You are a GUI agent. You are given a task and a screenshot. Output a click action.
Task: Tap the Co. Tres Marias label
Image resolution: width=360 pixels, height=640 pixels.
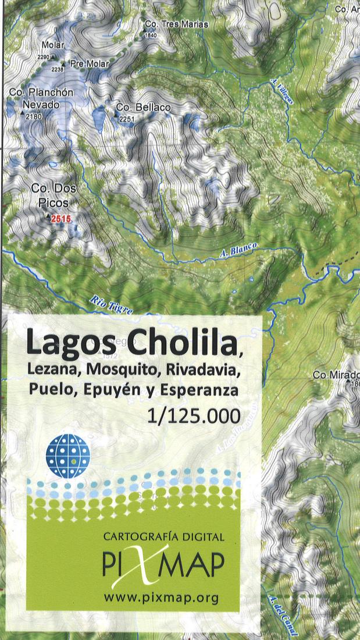coord(176,24)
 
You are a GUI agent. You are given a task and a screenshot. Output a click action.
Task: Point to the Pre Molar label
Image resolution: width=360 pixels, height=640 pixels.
coord(89,63)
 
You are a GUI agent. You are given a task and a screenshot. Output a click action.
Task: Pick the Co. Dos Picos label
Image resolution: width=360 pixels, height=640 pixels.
coord(54,195)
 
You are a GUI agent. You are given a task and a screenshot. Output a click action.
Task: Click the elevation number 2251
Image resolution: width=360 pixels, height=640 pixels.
coord(127,119)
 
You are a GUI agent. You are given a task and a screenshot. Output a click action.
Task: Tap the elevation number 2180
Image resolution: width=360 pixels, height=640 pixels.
coord(34,117)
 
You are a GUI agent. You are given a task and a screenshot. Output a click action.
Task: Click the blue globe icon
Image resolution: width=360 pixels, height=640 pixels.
coord(68,456)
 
